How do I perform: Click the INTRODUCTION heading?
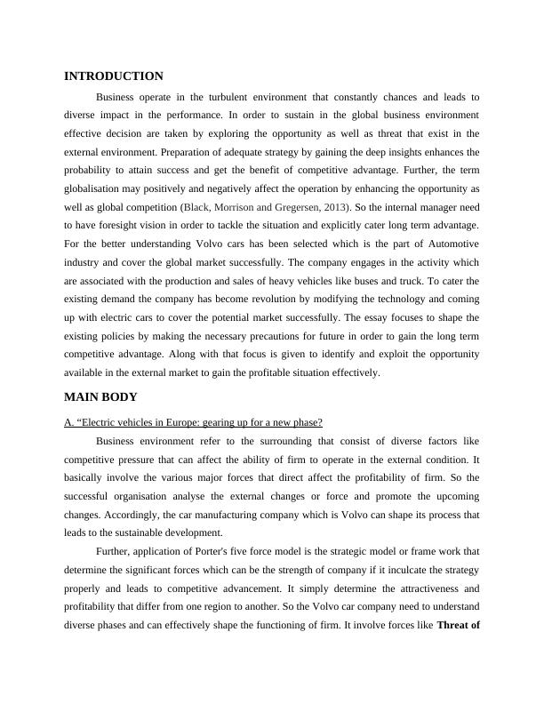pyautogui.click(x=114, y=76)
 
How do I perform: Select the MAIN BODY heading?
pyautogui.click(x=100, y=396)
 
